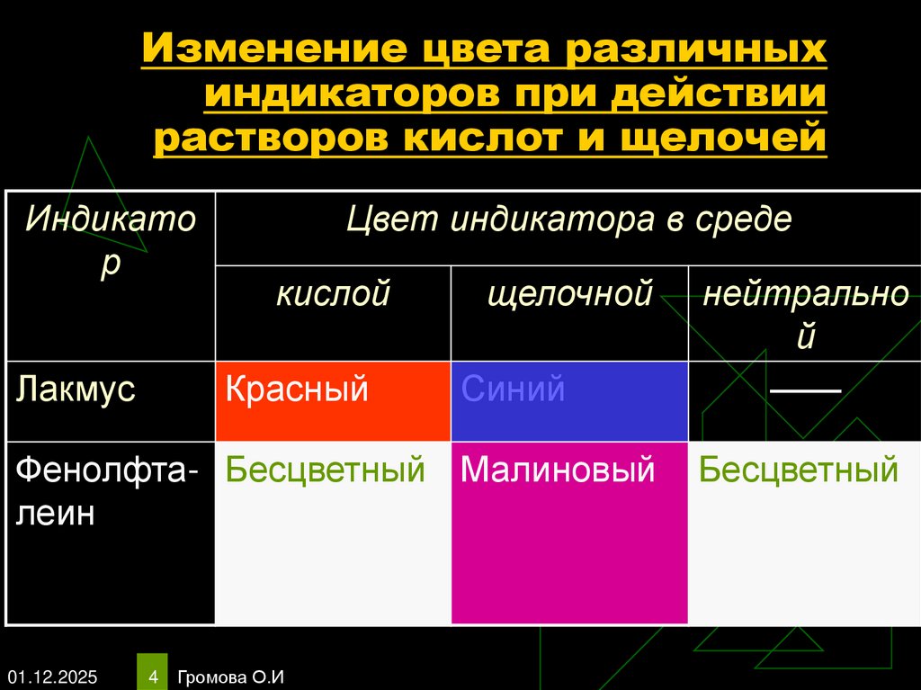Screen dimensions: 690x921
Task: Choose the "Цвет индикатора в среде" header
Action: pos(569,220)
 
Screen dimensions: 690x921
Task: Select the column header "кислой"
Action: pos(333,294)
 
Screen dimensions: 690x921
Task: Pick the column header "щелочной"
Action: pos(569,294)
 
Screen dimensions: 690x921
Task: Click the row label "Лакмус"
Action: pos(76,390)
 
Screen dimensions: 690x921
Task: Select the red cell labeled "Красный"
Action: pos(333,400)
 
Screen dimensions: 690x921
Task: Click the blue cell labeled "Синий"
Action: pos(569,400)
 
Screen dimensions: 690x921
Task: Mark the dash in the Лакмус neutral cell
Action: pos(804,390)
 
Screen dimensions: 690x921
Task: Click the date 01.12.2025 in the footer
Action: pos(54,676)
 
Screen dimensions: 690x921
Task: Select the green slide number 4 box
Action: pos(153,674)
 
